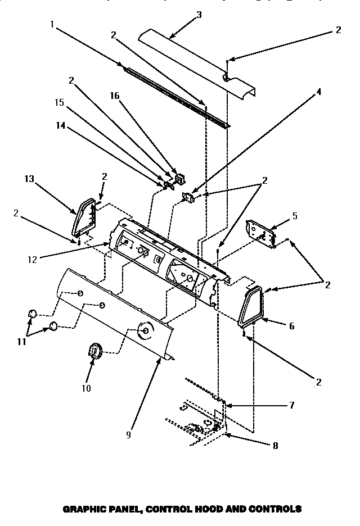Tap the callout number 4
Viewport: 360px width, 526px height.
pos(318,91)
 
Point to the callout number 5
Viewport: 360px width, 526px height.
pos(295,215)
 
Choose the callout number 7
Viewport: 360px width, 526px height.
pos(291,405)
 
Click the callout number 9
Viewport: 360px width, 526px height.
pos(129,434)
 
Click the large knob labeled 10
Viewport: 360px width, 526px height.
pos(95,353)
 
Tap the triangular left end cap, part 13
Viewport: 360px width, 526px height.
pos(83,216)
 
